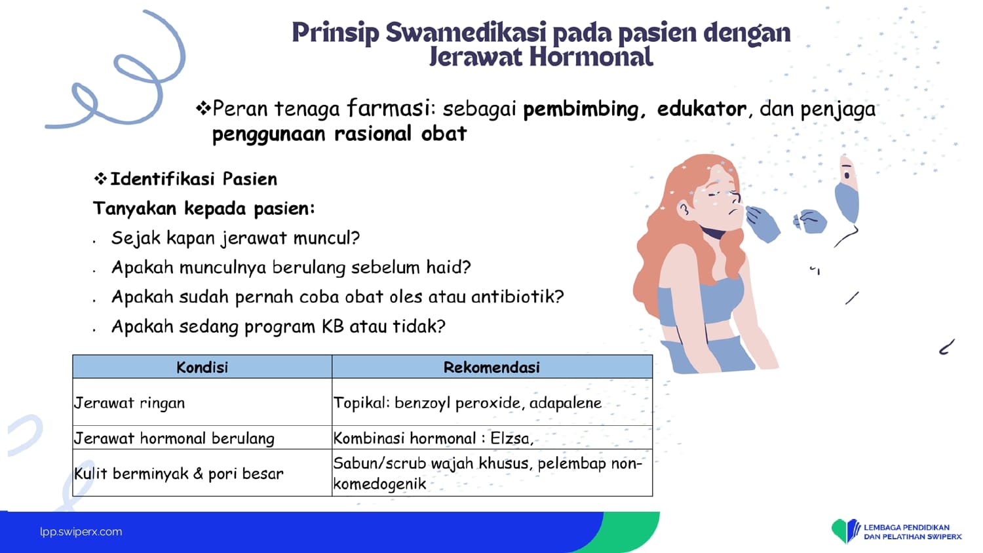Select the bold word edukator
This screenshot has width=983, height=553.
coord(701,108)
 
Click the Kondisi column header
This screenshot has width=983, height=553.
coord(202,367)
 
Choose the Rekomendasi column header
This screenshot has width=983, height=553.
coord(491,367)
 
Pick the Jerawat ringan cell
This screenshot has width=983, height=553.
coord(202,402)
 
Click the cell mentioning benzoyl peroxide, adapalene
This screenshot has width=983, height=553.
coord(491,402)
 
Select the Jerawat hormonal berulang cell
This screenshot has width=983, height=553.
coord(202,438)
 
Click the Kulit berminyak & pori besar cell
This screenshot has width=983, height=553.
coord(202,472)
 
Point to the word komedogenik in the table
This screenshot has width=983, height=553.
coord(379,484)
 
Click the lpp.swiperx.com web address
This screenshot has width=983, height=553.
coord(81,531)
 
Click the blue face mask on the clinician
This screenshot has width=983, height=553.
coord(847,202)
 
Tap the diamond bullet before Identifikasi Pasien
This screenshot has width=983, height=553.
coord(100,179)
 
